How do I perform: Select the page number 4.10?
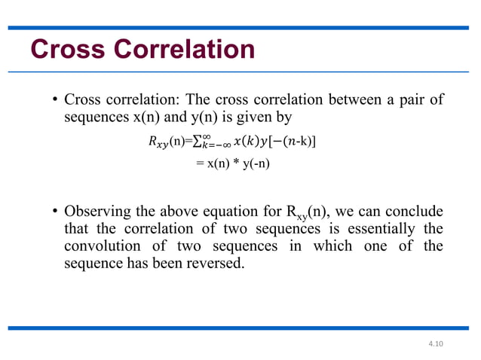click(436, 343)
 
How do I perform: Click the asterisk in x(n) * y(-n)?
click(235, 165)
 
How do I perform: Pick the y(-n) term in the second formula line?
click(254, 165)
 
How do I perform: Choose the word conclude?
click(415, 211)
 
